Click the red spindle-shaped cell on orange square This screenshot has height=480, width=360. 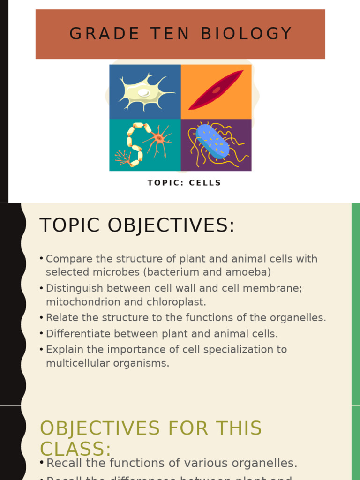click(216, 90)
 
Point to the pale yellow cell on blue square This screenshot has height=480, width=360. click(144, 91)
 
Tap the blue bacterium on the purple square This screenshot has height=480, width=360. click(213, 142)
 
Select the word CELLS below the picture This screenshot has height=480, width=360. click(205, 183)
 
